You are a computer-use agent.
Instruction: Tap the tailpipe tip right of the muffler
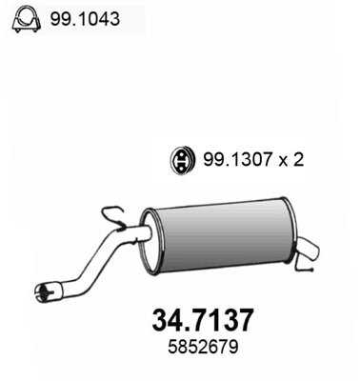(307, 251)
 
